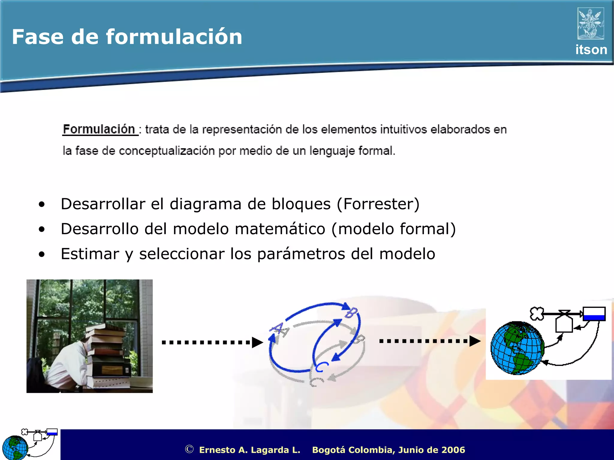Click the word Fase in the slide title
coord(37,37)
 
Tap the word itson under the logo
coord(591,50)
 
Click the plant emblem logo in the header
coord(591,24)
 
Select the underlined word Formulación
coord(99,129)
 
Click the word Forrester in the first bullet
coord(378,204)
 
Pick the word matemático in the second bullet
coord(280,229)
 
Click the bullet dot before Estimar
coord(42,254)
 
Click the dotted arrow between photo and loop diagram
coord(212,342)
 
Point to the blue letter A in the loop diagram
coord(278,329)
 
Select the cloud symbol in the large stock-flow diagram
coord(536,314)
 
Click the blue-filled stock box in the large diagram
coord(594,314)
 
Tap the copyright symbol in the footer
coord(189,449)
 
